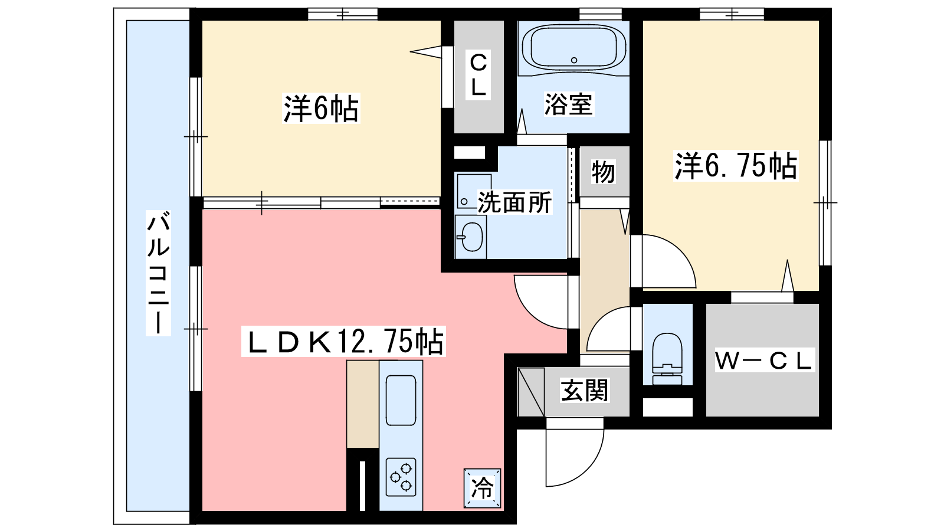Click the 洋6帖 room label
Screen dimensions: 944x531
(x=321, y=109)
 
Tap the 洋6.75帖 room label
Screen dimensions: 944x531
(x=736, y=166)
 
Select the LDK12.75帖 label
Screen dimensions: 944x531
(x=343, y=342)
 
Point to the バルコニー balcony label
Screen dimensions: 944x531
(x=159, y=273)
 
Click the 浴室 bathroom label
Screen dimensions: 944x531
(x=569, y=104)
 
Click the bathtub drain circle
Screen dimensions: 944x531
(x=574, y=60)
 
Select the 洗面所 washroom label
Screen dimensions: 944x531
(x=514, y=202)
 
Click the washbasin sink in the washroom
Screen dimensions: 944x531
(x=471, y=237)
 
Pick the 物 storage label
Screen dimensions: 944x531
(x=603, y=172)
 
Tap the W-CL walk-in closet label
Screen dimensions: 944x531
(x=763, y=360)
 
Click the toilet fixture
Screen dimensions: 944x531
(x=667, y=359)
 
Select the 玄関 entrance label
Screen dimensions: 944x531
(x=584, y=390)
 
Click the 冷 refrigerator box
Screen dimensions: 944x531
(x=482, y=488)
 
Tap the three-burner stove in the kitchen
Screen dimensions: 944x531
(x=401, y=477)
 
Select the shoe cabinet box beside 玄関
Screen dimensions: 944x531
(x=531, y=392)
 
